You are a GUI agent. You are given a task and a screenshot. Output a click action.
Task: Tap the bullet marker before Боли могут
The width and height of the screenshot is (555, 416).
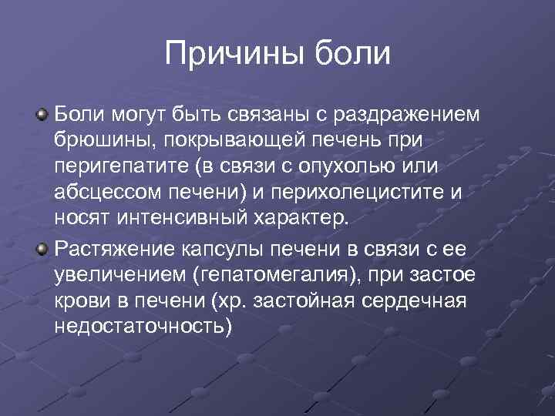click(42, 116)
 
